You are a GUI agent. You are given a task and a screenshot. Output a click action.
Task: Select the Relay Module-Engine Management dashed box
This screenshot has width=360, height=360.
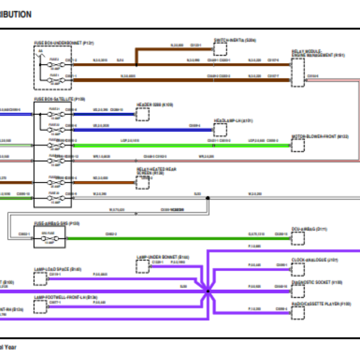point(297,72)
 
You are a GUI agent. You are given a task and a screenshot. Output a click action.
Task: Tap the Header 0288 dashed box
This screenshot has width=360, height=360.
point(143,114)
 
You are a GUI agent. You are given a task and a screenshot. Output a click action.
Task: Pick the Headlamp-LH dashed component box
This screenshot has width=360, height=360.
point(220,130)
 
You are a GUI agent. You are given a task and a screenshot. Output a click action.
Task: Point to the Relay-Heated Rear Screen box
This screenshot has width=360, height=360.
point(143,181)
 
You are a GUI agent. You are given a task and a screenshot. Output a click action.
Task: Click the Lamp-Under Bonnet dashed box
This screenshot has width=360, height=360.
point(143,266)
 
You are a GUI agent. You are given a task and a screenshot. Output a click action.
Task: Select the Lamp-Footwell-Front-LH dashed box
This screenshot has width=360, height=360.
point(40,307)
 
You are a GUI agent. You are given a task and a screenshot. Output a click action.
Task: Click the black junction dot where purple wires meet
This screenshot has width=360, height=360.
point(208,291)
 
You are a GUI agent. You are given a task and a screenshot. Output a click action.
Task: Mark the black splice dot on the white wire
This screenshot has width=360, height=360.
point(208,198)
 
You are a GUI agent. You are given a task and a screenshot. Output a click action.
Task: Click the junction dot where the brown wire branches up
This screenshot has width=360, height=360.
point(136,65)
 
